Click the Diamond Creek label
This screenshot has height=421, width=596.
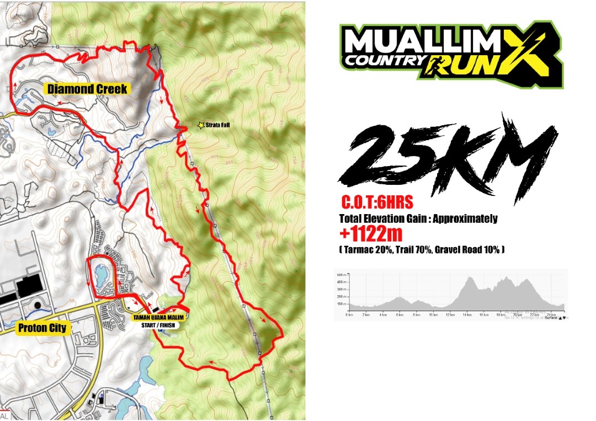click(87, 88)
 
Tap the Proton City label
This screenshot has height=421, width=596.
click(42, 328)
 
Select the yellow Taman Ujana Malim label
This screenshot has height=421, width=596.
click(158, 317)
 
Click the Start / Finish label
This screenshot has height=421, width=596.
click(157, 324)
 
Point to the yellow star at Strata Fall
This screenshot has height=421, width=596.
click(200, 126)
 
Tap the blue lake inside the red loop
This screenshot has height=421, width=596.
click(102, 274)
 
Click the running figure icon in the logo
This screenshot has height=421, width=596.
click(437, 64)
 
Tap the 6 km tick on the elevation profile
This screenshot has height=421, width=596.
click(400, 315)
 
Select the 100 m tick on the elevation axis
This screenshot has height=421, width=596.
click(340, 304)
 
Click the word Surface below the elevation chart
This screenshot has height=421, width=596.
click(550, 318)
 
